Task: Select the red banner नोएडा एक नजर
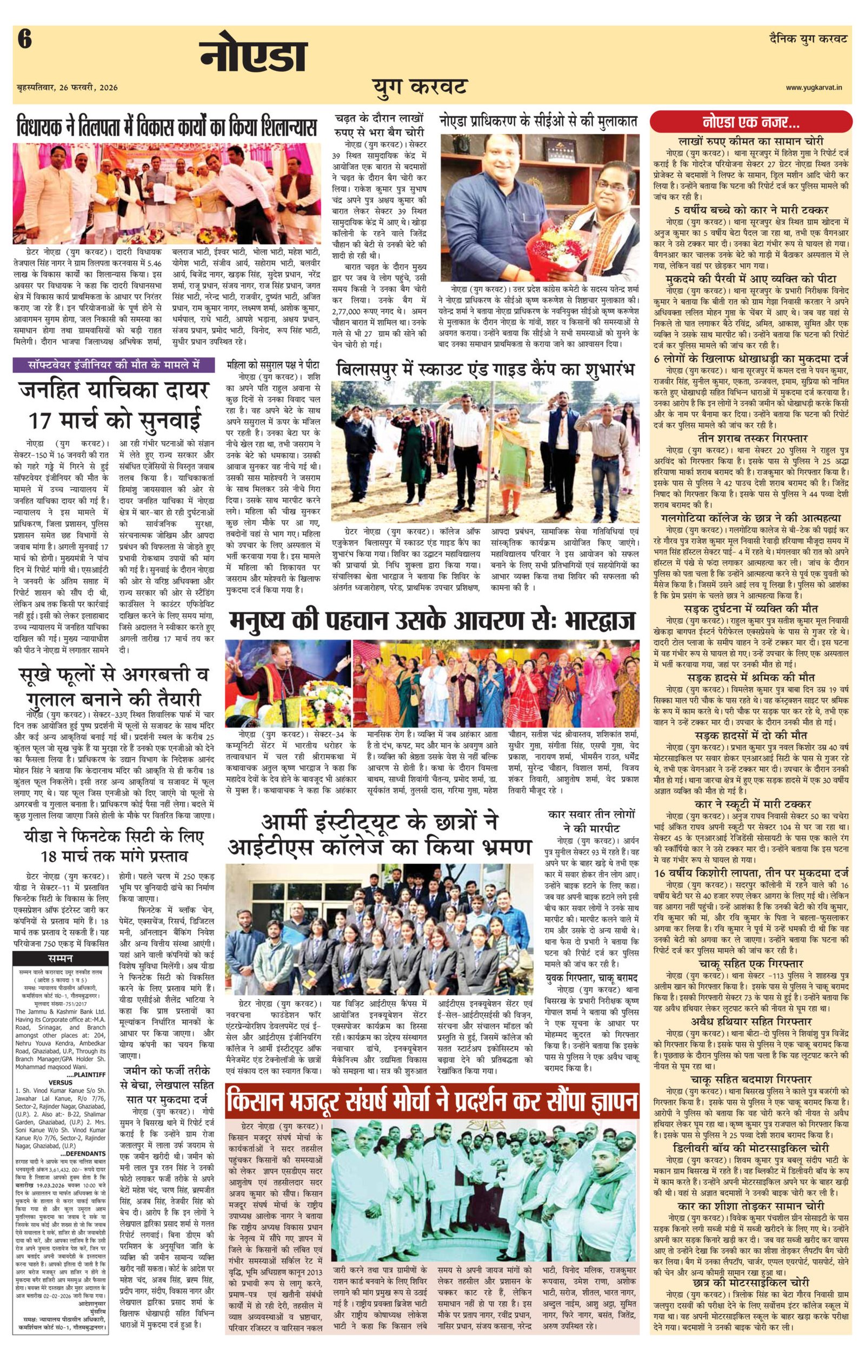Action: click(x=751, y=122)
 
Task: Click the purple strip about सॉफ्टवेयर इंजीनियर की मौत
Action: click(x=114, y=365)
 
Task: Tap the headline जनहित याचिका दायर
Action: click(x=114, y=390)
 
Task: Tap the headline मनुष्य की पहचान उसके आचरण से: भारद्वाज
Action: click(x=432, y=619)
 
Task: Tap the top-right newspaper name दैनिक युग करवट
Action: click(x=808, y=39)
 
